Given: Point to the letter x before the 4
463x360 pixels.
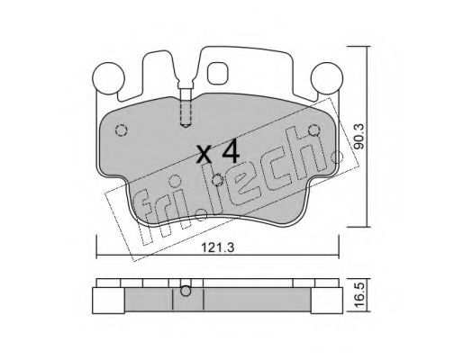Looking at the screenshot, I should (205, 154).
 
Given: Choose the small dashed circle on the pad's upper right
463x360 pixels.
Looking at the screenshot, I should (313, 130).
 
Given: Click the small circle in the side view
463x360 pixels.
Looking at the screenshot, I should (186, 291).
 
